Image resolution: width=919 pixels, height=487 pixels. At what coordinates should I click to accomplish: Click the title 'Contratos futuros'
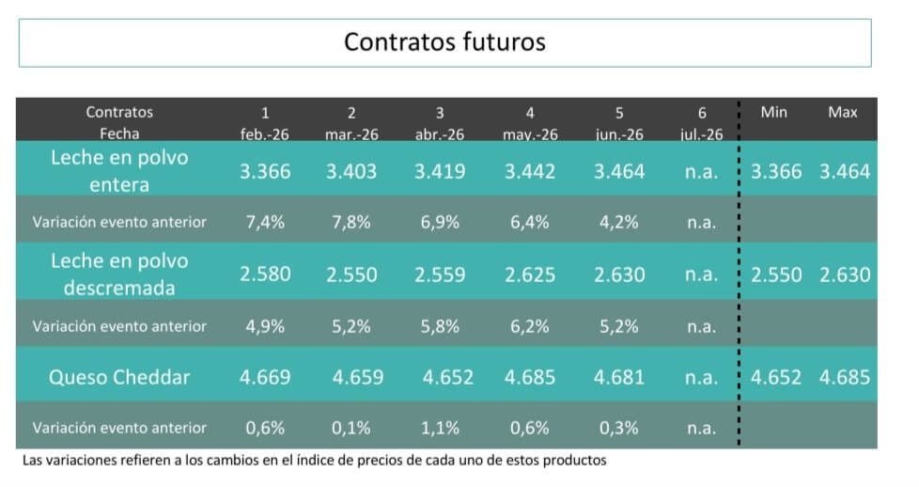coord(444,42)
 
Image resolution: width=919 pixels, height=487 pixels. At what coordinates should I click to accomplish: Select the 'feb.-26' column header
coord(264,134)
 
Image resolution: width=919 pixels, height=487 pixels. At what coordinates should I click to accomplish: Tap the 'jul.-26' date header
coord(701,134)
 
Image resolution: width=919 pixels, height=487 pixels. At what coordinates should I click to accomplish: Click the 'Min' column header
coord(773,112)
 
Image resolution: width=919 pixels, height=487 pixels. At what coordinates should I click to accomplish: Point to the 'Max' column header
coord(842,112)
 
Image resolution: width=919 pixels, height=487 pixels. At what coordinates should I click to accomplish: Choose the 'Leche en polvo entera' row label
coord(119,171)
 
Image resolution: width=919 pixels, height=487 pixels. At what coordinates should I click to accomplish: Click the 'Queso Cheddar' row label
coord(119,377)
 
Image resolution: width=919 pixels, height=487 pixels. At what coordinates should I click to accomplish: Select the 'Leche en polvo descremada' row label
coord(119,275)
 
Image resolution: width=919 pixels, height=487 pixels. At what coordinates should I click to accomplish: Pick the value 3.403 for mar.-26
coord(351,171)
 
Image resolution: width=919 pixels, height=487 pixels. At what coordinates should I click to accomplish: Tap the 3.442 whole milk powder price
coord(530,171)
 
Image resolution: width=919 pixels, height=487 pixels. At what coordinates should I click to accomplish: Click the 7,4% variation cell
coord(264,223)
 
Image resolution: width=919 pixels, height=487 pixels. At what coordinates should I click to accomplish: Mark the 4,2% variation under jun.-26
coord(619,223)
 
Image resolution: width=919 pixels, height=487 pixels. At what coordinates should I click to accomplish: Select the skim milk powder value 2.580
coord(265,275)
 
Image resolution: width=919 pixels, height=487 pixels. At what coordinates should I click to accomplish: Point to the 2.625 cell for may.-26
coord(530,275)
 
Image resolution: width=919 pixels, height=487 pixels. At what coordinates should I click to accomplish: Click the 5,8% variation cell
coord(440,326)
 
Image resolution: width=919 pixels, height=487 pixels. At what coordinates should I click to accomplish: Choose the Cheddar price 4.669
coord(265,377)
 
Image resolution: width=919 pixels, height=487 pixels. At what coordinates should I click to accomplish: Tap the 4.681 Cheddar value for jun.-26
coord(619,377)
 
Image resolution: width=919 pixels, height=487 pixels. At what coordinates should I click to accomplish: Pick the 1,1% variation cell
coord(440,428)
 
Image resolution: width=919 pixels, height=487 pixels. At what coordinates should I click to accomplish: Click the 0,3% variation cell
coord(619,428)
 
